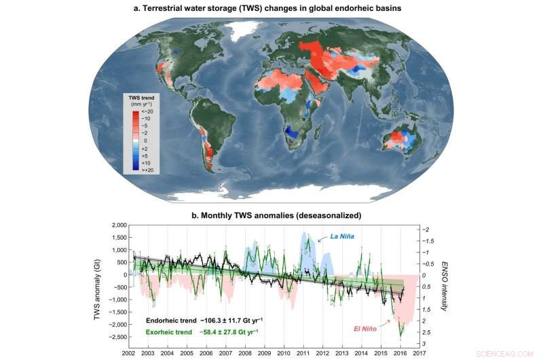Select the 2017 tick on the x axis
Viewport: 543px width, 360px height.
419,353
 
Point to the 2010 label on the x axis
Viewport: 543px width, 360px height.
286,353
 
